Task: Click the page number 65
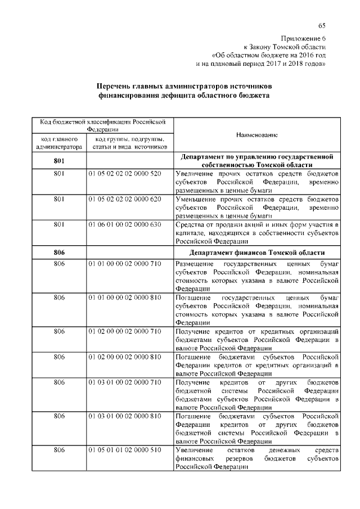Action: tap(322, 25)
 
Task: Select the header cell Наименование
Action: tap(257, 135)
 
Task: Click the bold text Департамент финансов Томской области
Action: tap(257, 252)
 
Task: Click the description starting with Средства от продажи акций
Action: tap(257, 233)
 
